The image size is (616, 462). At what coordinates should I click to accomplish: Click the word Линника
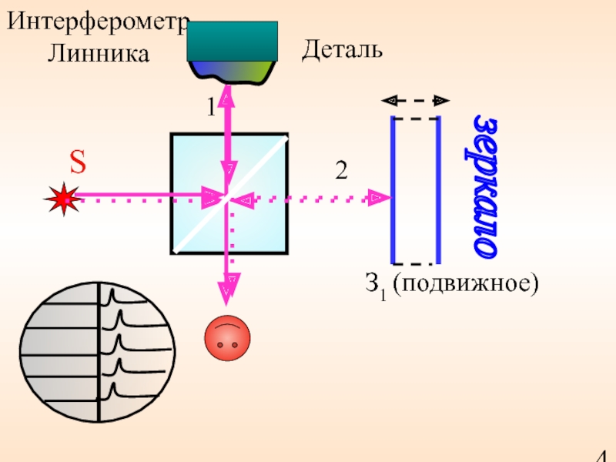98,53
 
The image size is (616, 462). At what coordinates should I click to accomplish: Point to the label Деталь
341,51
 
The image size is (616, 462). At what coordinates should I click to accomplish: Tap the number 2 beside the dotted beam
340,171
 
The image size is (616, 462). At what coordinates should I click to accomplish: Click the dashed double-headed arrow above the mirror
416,100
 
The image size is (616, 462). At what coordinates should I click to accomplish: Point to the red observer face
227,339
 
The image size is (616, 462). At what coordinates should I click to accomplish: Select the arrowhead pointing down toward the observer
229,288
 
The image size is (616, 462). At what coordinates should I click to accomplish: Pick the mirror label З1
375,286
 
